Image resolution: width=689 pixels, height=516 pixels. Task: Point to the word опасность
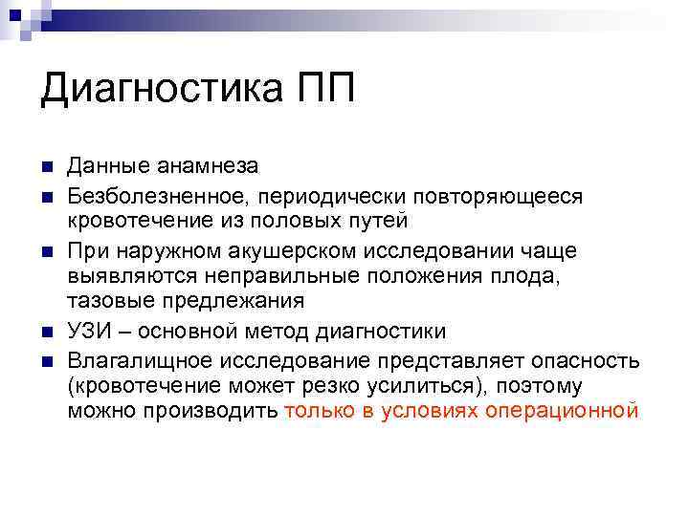[x=578, y=359]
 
